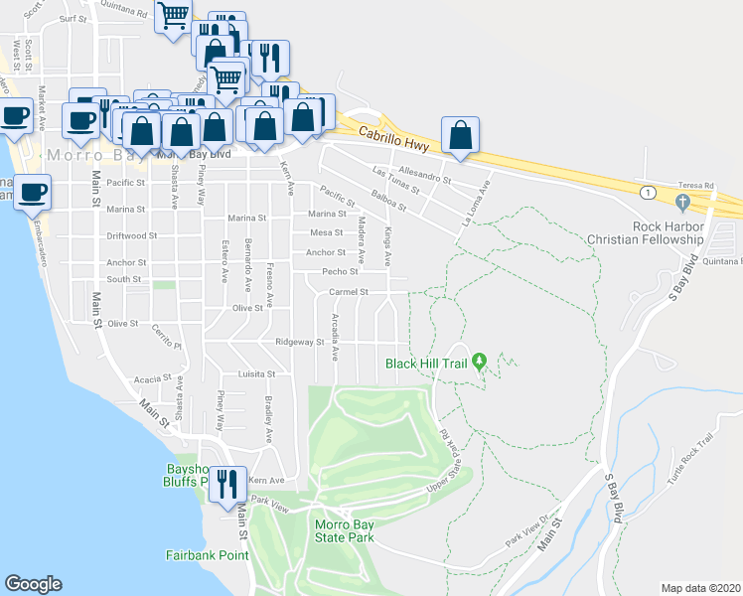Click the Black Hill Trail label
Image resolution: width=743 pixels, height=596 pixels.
[427, 363]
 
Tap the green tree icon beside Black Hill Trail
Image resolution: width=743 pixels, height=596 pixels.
[479, 361]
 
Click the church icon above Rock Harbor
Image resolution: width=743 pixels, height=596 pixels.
[681, 204]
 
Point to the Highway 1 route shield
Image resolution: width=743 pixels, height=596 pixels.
[648, 191]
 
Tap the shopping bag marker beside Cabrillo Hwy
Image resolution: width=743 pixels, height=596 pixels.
[461, 136]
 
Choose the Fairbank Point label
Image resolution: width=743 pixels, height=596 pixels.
[207, 555]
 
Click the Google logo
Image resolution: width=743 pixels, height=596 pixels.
[33, 584]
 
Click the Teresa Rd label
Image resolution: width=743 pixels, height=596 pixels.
[696, 186]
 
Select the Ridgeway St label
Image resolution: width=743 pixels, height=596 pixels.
[300, 342]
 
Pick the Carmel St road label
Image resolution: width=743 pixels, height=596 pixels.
[349, 292]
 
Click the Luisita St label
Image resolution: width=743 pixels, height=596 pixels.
[256, 373]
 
